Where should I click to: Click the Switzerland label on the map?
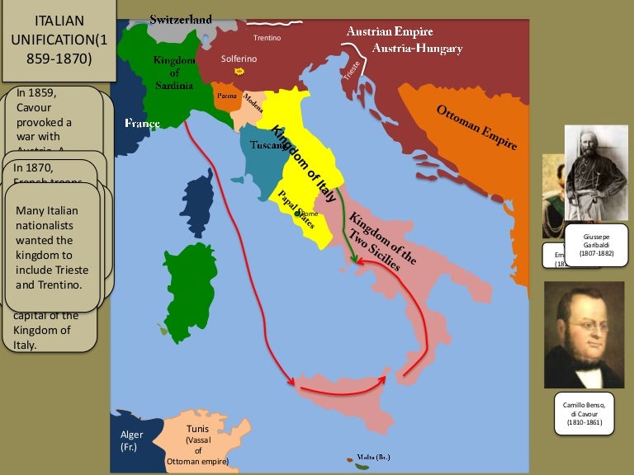(x=181, y=18)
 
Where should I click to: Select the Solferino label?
(x=239, y=59)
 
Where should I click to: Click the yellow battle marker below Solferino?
(x=239, y=72)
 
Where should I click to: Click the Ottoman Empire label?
(x=476, y=127)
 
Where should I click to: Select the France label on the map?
(x=142, y=123)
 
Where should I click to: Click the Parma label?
(x=226, y=96)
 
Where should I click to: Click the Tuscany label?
(x=261, y=145)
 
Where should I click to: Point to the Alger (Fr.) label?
(x=131, y=440)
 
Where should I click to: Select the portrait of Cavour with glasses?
(x=584, y=334)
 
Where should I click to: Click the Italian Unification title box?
(x=59, y=40)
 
